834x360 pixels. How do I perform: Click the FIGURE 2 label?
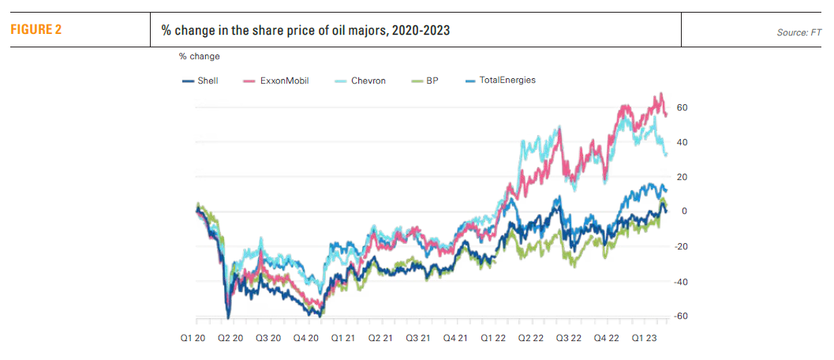point(36,30)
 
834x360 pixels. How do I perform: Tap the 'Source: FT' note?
point(799,32)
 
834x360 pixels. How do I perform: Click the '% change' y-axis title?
point(199,56)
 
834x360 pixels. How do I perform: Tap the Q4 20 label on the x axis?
point(307,336)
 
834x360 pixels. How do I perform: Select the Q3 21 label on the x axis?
point(418,336)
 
